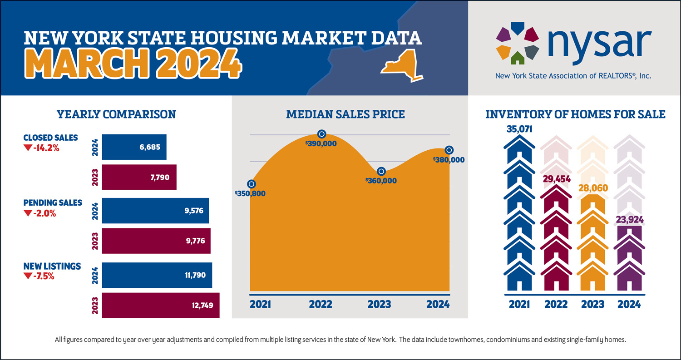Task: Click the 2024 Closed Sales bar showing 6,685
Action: (x=134, y=147)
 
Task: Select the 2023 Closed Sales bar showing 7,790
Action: (x=139, y=177)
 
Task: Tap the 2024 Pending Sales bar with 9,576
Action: (x=155, y=211)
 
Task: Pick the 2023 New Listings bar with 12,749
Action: (x=161, y=305)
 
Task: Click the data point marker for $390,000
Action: (x=321, y=134)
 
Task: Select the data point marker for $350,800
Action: (x=251, y=184)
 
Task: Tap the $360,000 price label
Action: (x=381, y=181)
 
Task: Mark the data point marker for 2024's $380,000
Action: (x=449, y=150)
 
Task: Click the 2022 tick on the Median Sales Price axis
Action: (x=321, y=304)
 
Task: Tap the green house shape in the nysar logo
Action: (x=517, y=58)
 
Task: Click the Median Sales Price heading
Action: (x=345, y=114)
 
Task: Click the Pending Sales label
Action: (x=52, y=202)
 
